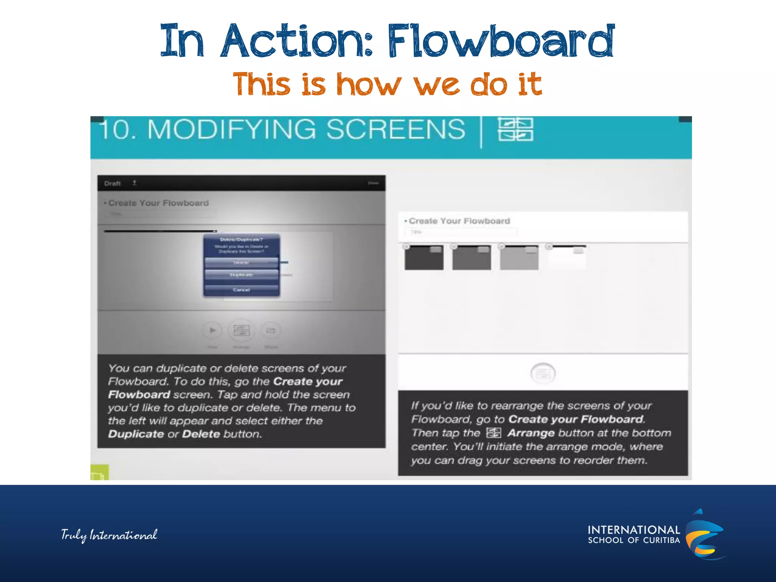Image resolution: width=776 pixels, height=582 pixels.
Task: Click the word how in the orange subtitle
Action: [x=368, y=84]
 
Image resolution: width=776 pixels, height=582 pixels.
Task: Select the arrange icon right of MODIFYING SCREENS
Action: [x=515, y=129]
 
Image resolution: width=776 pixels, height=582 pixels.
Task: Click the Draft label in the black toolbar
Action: [x=112, y=183]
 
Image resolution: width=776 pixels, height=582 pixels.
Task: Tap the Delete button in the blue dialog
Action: [x=241, y=263]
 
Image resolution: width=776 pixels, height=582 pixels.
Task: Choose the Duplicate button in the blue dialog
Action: [x=241, y=275]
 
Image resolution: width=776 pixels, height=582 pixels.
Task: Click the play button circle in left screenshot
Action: [x=212, y=330]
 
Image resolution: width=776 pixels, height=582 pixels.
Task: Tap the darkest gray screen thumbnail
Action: [x=424, y=258]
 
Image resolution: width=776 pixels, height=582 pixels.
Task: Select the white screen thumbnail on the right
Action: [x=567, y=258]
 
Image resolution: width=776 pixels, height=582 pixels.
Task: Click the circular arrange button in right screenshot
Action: [x=543, y=374]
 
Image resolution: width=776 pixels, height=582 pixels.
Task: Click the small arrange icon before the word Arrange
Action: [x=493, y=433]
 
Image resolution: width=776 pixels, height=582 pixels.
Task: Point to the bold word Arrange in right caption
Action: [x=531, y=433]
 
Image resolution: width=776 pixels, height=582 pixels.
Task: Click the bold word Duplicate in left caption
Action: [x=136, y=434]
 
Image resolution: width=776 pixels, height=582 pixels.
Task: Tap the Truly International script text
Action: [x=109, y=535]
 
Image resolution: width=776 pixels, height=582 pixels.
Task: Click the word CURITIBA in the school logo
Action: [x=661, y=540]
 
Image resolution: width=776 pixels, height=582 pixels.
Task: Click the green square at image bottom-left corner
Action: [x=99, y=472]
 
